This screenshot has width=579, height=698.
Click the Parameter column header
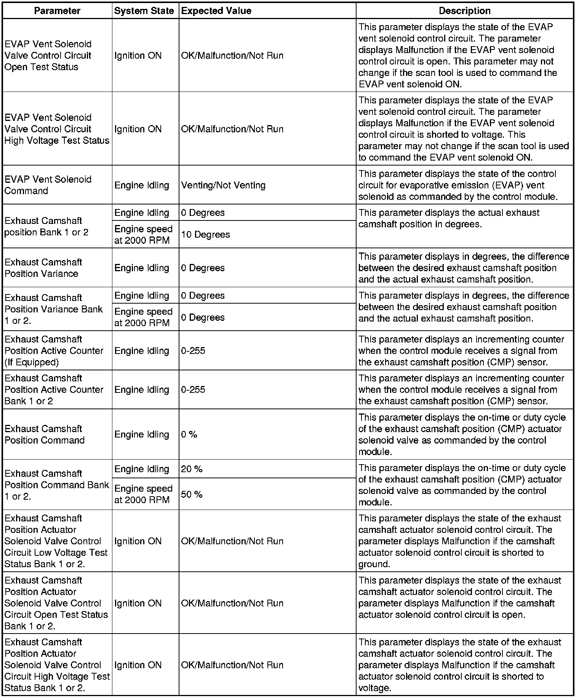click(x=57, y=11)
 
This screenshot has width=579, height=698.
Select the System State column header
click(x=144, y=11)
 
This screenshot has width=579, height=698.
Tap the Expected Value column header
click(x=216, y=11)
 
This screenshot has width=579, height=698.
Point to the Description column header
click(x=464, y=11)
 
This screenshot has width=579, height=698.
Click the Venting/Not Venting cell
click(x=223, y=185)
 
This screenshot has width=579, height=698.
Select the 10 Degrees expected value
click(x=205, y=235)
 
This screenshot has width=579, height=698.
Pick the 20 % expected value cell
click(x=192, y=469)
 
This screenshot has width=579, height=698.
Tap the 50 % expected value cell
click(x=192, y=495)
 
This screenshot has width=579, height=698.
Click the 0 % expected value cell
click(x=189, y=434)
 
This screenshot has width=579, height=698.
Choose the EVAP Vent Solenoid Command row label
click(x=48, y=185)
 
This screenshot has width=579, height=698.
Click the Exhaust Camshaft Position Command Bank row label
click(x=57, y=485)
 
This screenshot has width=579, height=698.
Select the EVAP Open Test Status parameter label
click(x=48, y=55)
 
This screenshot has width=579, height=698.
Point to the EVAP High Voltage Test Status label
click(x=57, y=129)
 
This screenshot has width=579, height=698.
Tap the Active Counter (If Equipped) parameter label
click(x=54, y=351)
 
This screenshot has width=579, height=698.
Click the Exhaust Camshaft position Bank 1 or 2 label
click(x=46, y=227)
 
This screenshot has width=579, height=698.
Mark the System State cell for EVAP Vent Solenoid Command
click(x=142, y=185)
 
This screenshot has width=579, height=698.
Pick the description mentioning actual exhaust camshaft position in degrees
click(x=449, y=219)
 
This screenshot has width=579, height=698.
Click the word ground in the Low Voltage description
click(x=374, y=564)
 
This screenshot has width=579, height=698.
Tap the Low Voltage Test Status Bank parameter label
click(x=56, y=541)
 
